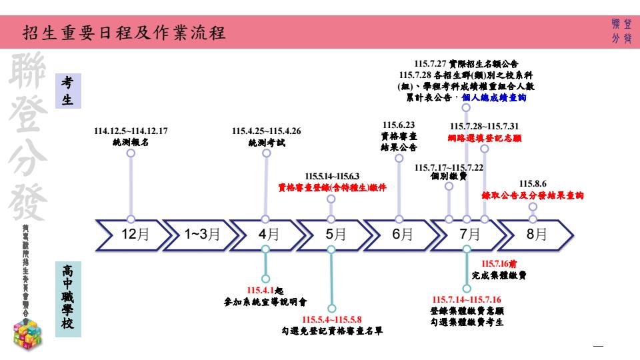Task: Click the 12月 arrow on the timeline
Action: coord(130,233)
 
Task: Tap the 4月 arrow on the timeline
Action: coord(267,233)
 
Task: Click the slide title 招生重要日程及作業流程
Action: coord(123,32)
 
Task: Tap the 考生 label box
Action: coord(67,91)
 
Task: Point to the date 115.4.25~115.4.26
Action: coord(266,131)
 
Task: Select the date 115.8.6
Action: coord(533,183)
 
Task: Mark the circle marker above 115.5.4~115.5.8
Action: coord(331,308)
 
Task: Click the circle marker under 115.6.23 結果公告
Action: coord(399,158)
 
